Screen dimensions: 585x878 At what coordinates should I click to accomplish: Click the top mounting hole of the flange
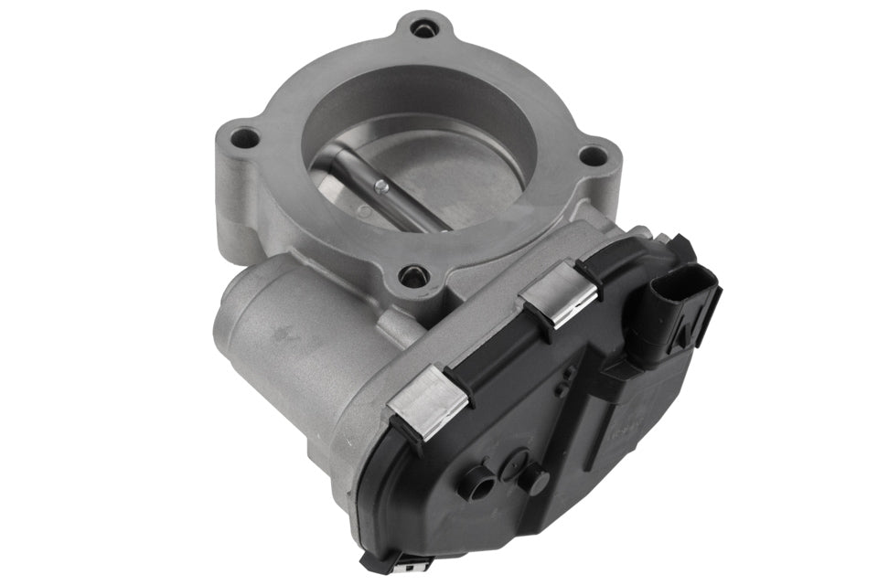[422, 30]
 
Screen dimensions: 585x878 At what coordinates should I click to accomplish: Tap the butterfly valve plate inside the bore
[430, 183]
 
